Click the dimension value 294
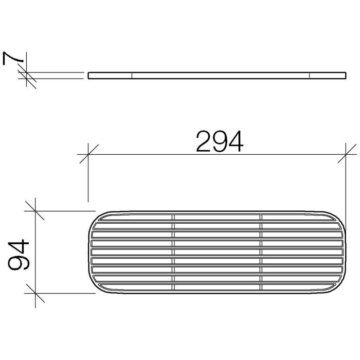[x=220, y=141]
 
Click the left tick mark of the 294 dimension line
[x=88, y=154]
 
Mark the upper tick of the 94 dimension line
[x=34, y=210]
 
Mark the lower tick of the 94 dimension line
[x=34, y=294]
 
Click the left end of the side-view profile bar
[x=89, y=76]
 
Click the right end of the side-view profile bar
[x=345, y=76]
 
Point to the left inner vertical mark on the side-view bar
[x=132, y=76]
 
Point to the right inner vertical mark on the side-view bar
[x=310, y=76]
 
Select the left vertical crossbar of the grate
[x=173, y=252]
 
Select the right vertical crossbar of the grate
[x=261, y=252]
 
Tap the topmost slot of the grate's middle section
[x=217, y=218]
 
